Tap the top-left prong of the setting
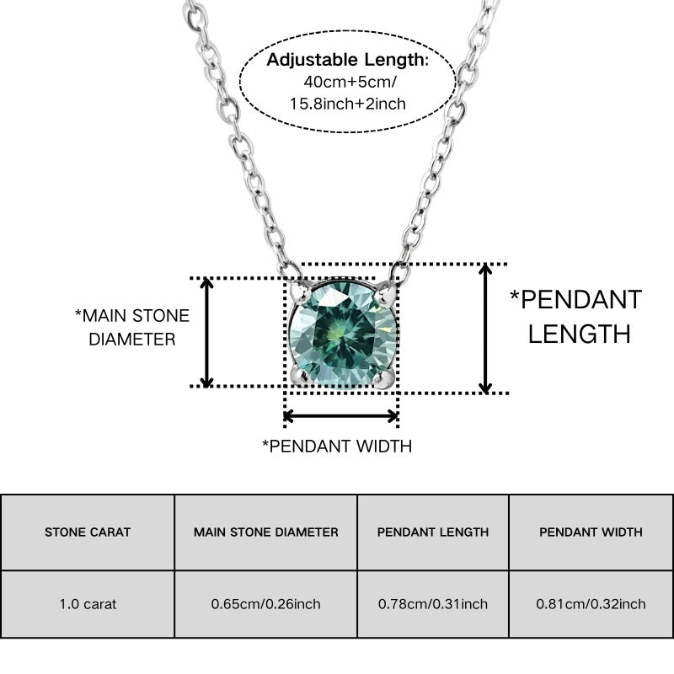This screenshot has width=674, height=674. [x=300, y=292]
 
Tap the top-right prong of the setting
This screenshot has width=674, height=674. [x=385, y=293]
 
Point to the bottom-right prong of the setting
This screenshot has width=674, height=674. [x=383, y=377]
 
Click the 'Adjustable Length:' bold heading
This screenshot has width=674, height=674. [x=347, y=60]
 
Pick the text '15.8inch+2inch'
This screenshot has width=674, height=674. [x=348, y=104]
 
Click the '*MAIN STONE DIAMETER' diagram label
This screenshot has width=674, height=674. [x=132, y=328]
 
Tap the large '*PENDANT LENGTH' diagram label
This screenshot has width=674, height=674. [x=576, y=317]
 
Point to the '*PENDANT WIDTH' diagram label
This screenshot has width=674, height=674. [x=337, y=447]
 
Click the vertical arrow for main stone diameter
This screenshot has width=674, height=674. [x=207, y=332]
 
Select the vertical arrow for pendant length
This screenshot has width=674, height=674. [x=485, y=329]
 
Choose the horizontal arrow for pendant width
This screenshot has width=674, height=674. [x=341, y=416]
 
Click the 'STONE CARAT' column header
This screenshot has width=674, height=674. [x=88, y=532]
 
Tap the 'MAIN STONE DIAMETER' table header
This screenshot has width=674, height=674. [x=266, y=532]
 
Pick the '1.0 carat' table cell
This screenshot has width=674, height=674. [x=88, y=604]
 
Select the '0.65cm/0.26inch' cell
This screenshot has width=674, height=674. [x=265, y=604]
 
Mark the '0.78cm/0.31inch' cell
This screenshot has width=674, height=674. [x=433, y=604]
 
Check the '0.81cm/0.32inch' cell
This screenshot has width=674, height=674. [x=591, y=604]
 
